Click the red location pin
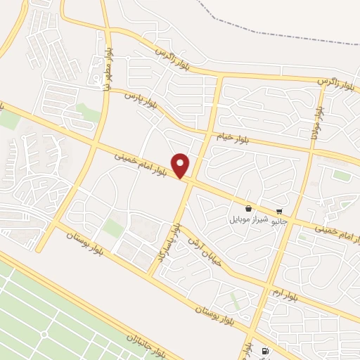[x=181, y=165]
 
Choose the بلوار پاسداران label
[x=173, y=243]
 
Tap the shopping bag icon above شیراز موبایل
[x=249, y=209]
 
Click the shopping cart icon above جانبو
[x=280, y=211]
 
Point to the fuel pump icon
[x=264, y=351]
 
